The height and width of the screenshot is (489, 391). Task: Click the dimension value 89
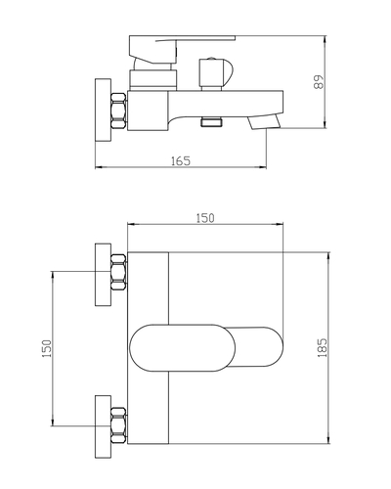[319, 82]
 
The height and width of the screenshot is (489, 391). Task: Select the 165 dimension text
[181, 161]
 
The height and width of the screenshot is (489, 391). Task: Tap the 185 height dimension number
[323, 348]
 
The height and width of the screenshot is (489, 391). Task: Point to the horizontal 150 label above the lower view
[205, 218]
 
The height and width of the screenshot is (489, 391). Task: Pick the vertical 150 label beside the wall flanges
[47, 348]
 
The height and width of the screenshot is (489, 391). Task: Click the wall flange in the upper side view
[103, 111]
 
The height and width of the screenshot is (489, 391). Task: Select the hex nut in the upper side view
[118, 111]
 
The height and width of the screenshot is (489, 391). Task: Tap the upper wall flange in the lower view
[103, 275]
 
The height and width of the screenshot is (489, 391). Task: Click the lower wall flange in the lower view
[103, 426]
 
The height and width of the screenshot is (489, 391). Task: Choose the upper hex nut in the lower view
[118, 272]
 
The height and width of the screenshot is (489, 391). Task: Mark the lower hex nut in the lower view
[118, 424]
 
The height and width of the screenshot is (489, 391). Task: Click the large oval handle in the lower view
[182, 348]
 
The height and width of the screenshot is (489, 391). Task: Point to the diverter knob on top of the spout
[215, 73]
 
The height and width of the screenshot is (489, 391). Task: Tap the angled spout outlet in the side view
[264, 122]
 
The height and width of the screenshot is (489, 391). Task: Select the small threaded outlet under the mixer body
[211, 122]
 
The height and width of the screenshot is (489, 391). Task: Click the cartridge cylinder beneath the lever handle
[152, 79]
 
